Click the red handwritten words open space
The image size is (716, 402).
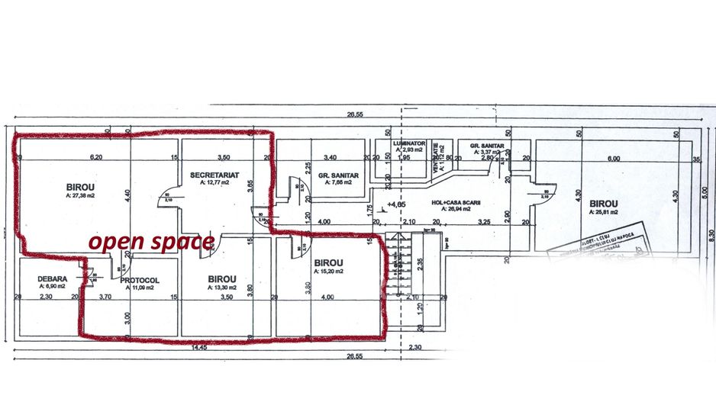click(150, 243)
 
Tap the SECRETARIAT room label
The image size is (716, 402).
click(214, 175)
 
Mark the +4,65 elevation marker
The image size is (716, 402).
click(396, 204)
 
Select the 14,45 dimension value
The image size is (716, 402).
click(200, 347)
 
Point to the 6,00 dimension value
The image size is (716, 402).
click(613, 158)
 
